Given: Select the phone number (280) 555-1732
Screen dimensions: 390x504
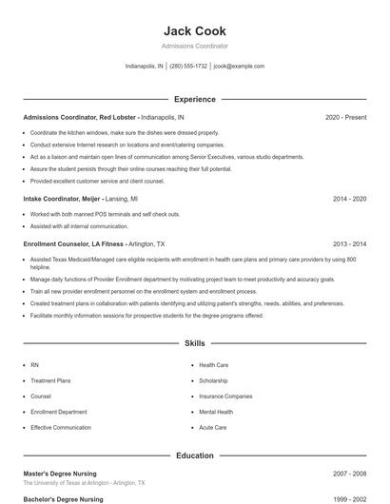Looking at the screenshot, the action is tap(188, 67).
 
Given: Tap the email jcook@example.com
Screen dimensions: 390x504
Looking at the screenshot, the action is tap(239, 67).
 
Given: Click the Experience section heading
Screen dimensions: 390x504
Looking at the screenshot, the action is tap(194, 99).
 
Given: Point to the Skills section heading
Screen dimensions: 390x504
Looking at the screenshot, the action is tap(194, 342).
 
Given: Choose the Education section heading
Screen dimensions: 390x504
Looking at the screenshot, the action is tap(194, 456).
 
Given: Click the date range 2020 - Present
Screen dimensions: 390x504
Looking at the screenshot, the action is tap(345, 117).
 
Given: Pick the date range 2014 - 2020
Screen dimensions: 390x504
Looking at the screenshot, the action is tap(349, 200).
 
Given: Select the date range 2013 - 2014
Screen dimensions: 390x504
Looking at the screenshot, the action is tap(349, 243).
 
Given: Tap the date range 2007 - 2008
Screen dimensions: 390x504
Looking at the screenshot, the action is tap(349, 473).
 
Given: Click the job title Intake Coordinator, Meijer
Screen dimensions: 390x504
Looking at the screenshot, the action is tap(63, 200).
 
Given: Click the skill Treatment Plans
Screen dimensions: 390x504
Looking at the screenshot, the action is tap(50, 380).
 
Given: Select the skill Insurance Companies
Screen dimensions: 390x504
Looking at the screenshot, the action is tap(225, 397).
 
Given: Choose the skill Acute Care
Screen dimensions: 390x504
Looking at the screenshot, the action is tap(212, 428).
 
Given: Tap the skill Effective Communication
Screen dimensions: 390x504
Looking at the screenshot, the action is tap(61, 428).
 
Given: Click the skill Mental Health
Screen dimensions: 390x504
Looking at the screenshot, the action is tap(216, 412).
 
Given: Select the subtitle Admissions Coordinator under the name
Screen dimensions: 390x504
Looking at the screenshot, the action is tap(194, 46).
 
